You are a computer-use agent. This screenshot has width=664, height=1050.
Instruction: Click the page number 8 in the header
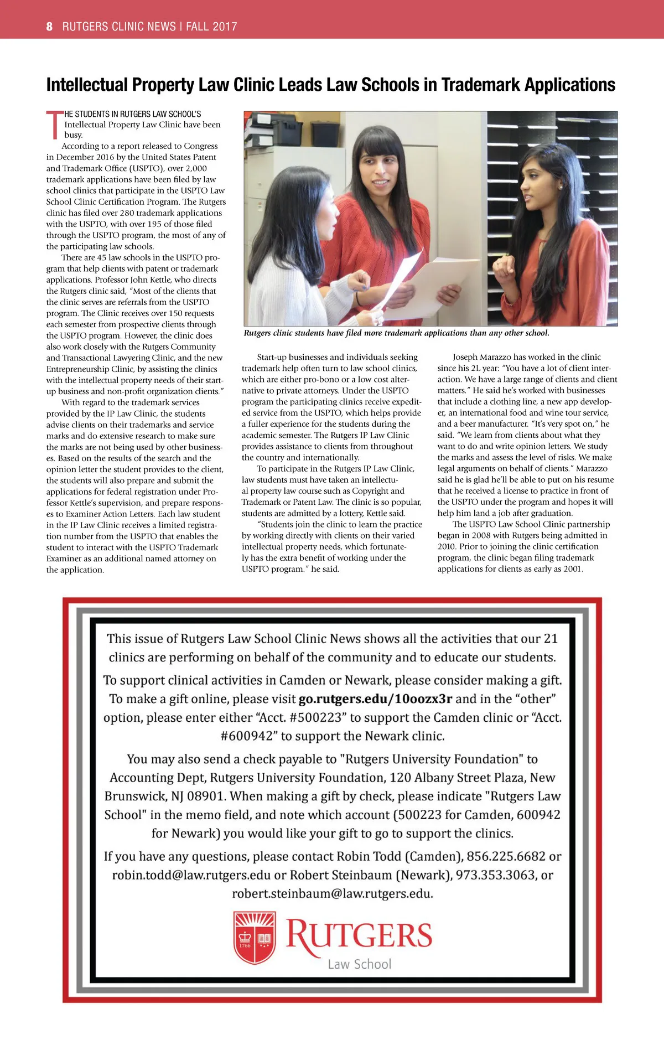tap(49, 26)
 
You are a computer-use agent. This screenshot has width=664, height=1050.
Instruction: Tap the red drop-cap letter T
tap(54, 125)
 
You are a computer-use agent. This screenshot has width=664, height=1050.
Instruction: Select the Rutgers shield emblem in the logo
tap(254, 937)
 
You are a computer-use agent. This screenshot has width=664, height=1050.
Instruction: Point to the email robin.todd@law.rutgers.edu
tap(191, 875)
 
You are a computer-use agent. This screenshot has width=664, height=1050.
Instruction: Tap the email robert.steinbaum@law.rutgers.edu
tap(332, 893)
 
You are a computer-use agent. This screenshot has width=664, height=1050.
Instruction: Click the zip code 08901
tap(206, 796)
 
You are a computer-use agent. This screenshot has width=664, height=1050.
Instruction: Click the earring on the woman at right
tap(560, 187)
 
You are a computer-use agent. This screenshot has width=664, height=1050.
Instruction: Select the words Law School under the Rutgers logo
tap(359, 964)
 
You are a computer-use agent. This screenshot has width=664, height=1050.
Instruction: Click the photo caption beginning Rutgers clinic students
tap(396, 333)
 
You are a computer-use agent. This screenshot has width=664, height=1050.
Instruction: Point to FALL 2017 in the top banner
tap(211, 26)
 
